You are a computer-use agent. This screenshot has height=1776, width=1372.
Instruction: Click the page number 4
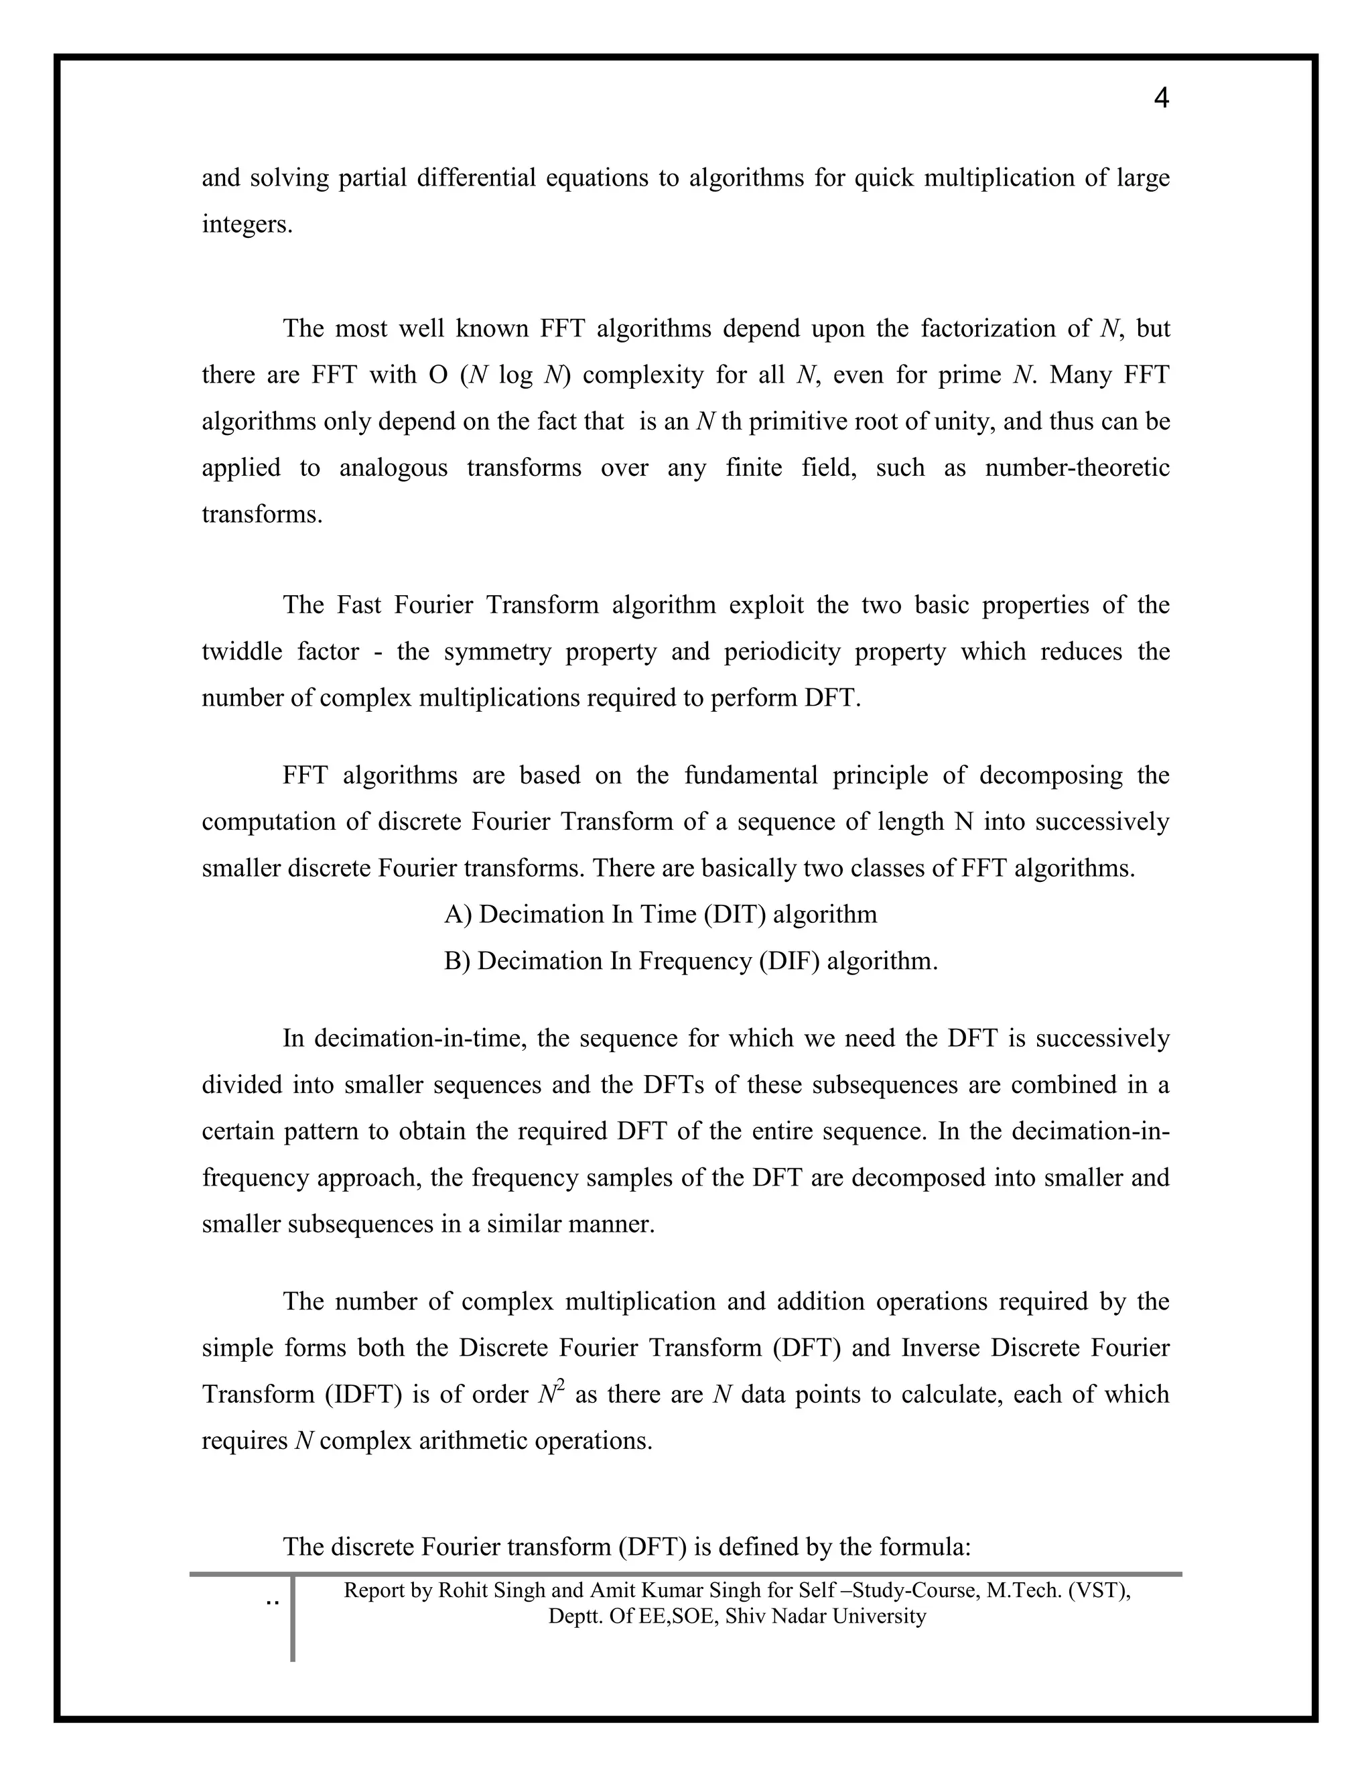click(x=1162, y=99)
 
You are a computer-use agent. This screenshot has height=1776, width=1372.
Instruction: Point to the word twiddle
click(x=240, y=652)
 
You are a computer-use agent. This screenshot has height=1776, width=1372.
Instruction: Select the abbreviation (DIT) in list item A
click(x=735, y=915)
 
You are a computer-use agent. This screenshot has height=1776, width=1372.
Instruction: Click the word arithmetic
click(x=480, y=1441)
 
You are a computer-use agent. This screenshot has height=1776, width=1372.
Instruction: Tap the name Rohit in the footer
click(x=465, y=1590)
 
